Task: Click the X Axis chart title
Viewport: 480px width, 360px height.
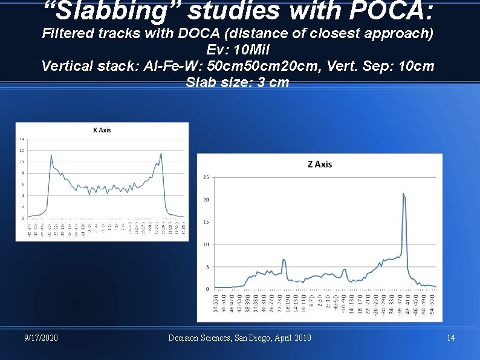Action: pyautogui.click(x=102, y=129)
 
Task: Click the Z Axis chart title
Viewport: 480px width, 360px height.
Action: pyautogui.click(x=319, y=164)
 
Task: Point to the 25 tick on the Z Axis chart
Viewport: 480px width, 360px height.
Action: pyautogui.click(x=206, y=177)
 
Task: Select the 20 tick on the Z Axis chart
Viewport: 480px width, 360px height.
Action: pyautogui.click(x=206, y=200)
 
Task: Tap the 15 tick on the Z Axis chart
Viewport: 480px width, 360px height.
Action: pyautogui.click(x=206, y=222)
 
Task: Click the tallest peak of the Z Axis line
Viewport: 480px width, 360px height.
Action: pyautogui.click(x=403, y=194)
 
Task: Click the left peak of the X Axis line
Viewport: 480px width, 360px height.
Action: pyautogui.click(x=51, y=155)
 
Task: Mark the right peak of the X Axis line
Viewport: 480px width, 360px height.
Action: pyautogui.click(x=161, y=153)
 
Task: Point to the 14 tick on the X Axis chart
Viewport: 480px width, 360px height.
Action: pyautogui.click(x=22, y=139)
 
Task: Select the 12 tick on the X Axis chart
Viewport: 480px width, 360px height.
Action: pyautogui.click(x=22, y=150)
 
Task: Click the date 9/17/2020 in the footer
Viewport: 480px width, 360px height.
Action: pyautogui.click(x=41, y=338)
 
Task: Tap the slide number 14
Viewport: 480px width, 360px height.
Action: pyautogui.click(x=450, y=338)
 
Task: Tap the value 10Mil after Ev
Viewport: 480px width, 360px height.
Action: pyautogui.click(x=254, y=50)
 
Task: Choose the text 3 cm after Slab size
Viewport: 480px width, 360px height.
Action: pyautogui.click(x=273, y=82)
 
